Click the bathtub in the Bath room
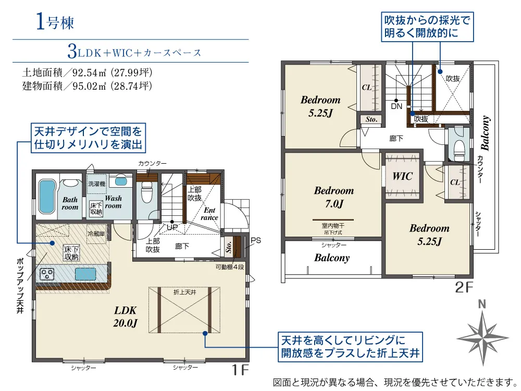coord(46,197)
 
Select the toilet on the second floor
coord(460,148)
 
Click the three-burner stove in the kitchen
coord(47,274)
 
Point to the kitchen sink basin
coord(85,274)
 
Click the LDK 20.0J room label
coord(125,316)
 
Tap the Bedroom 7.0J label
coord(334,197)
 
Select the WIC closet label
coord(403,176)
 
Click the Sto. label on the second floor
coord(371,119)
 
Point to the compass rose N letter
coord(482,304)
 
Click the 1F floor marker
coord(240,370)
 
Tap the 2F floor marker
coord(464,287)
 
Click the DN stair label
coord(396,106)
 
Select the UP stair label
coord(172,227)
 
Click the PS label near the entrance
coord(255,240)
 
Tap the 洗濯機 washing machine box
coord(97,184)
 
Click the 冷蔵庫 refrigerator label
coord(96,234)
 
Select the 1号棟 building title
coord(55,22)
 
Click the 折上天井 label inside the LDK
coord(185,292)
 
